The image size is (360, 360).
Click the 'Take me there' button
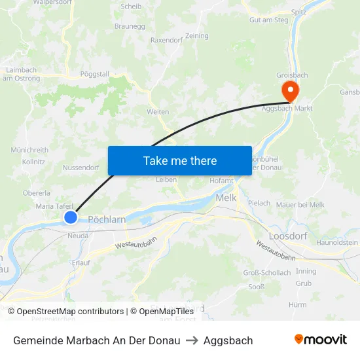pos(180,160)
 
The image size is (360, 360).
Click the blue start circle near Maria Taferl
pos(71,217)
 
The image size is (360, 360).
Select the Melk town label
pos(226,198)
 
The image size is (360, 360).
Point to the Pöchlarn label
pos(107,220)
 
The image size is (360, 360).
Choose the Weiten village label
pos(158,112)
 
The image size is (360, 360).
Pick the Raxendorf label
pos(166,40)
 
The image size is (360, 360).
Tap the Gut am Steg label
pos(268,20)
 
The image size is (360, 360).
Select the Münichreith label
pos(29,150)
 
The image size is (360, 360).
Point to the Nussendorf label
pos(81,168)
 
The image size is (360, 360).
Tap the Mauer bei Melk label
pos(300,205)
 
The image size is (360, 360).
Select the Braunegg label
pos(130,26)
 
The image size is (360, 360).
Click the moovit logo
pos(321,340)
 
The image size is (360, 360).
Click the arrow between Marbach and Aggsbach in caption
pos(192,340)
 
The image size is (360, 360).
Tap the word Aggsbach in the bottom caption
pos(228,340)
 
